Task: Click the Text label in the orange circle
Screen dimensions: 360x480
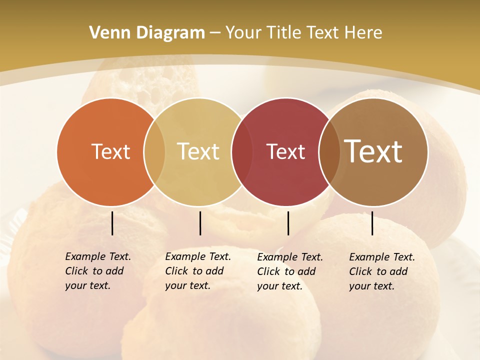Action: pos(110,152)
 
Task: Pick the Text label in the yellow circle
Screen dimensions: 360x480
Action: pos(198,152)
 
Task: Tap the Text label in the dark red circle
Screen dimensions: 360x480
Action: pos(285,152)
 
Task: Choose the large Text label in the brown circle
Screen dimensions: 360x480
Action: pos(373,151)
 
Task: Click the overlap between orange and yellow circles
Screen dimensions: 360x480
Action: pos(154,152)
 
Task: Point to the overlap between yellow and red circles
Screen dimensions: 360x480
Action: pos(241,152)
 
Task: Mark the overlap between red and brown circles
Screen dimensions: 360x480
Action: pos(329,152)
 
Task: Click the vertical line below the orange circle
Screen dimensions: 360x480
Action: pos(112,223)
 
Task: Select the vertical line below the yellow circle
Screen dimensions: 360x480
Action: pos(200,223)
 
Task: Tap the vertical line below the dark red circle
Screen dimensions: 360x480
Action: pos(288,223)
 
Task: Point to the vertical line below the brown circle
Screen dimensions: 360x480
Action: pos(372,223)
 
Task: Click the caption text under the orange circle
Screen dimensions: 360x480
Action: pos(97,271)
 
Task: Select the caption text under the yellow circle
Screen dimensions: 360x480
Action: pos(197,271)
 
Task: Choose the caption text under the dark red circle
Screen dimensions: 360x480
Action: pos(289,271)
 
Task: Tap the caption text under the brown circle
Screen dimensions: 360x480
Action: pos(381,271)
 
